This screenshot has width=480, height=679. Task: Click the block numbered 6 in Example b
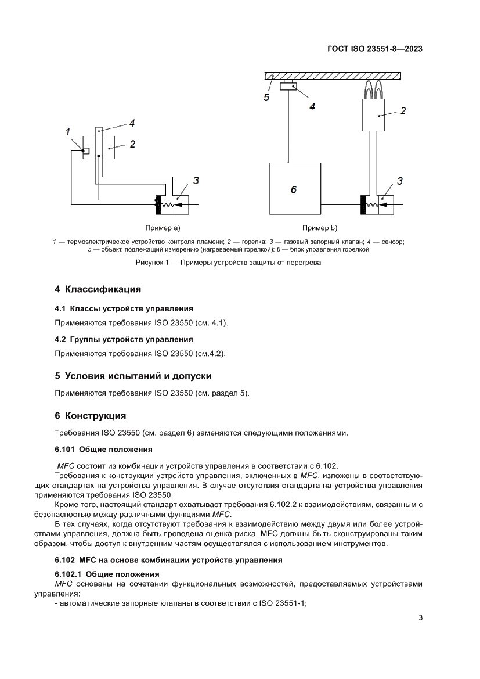point(295,189)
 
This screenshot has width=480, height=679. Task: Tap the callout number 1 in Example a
point(68,131)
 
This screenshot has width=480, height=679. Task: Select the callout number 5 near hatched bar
point(266,98)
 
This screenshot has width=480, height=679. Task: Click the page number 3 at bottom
point(420,617)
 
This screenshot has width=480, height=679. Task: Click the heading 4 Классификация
point(98,289)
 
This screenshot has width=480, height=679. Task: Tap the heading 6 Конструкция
point(90,416)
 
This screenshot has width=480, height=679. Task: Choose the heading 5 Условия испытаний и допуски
point(132,376)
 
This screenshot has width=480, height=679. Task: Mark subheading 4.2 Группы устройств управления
point(124,339)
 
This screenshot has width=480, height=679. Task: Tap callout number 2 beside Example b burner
point(402,110)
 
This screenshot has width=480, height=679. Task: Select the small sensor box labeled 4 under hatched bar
point(288,88)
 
